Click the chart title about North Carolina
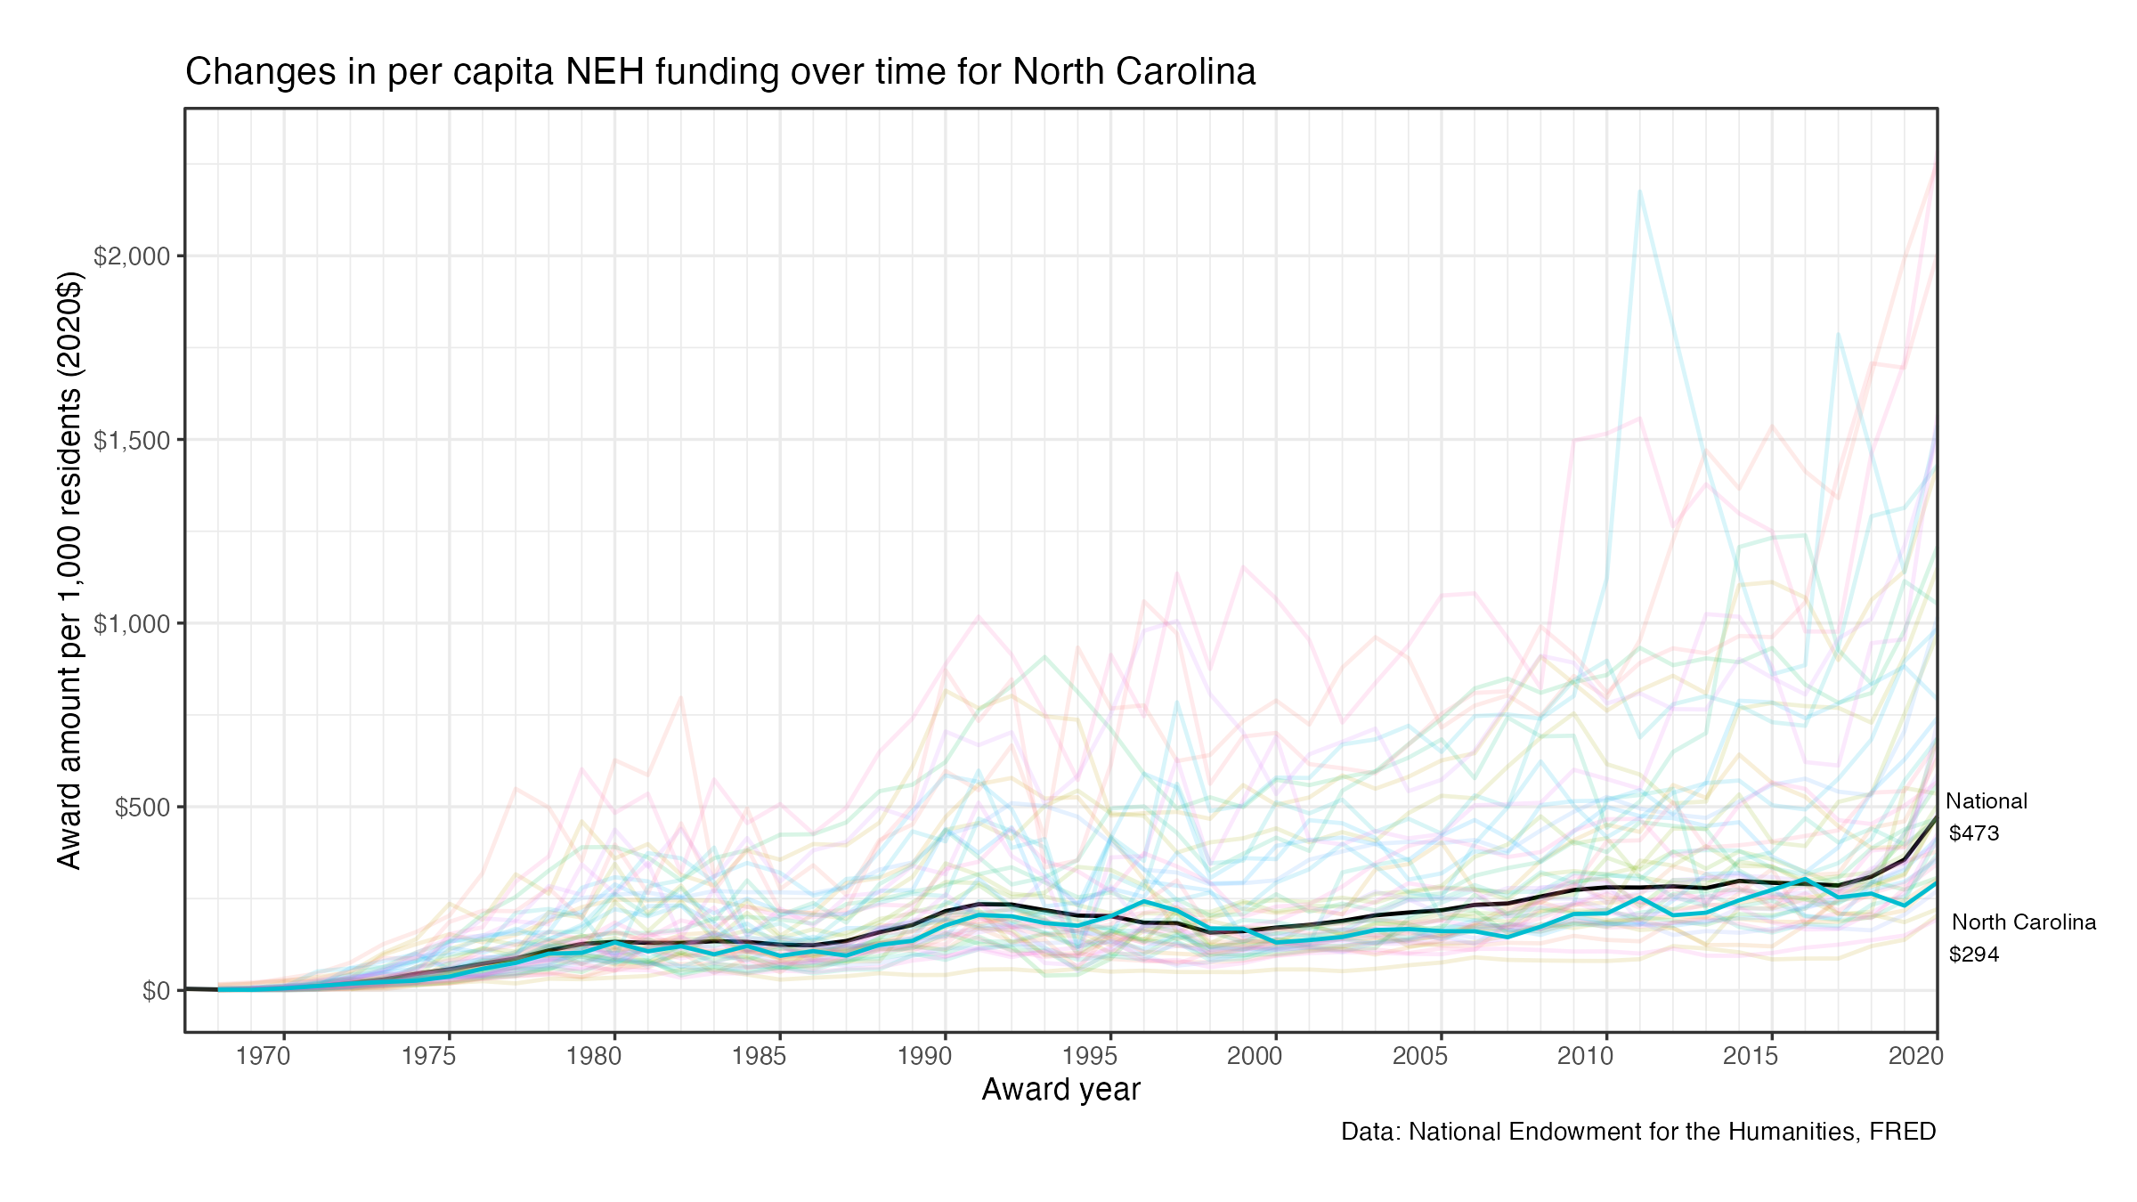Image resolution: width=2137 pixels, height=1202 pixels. pyautogui.click(x=719, y=72)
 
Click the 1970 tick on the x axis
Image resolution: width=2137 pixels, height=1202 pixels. pyautogui.click(x=264, y=1056)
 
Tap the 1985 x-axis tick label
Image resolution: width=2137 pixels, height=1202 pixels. pyautogui.click(x=760, y=1056)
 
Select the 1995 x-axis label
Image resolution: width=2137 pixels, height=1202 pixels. pyautogui.click(x=1090, y=1056)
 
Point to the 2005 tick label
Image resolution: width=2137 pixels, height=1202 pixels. pyautogui.click(x=1420, y=1056)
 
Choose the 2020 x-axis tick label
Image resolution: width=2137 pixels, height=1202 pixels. pyautogui.click(x=1916, y=1056)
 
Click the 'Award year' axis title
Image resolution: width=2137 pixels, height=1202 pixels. pyautogui.click(x=1060, y=1090)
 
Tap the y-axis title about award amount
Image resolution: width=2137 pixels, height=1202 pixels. pyautogui.click(x=69, y=570)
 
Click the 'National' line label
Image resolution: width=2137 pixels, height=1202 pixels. pyautogui.click(x=1986, y=801)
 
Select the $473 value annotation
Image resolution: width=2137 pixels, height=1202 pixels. pyautogui.click(x=1974, y=833)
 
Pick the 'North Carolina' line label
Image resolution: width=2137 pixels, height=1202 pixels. pyautogui.click(x=2023, y=922)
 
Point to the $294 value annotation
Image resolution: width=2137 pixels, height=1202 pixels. pyautogui.click(x=1974, y=954)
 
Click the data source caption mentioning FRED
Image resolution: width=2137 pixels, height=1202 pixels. pyautogui.click(x=1638, y=1132)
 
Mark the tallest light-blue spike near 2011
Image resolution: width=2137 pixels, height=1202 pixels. pyautogui.click(x=1639, y=191)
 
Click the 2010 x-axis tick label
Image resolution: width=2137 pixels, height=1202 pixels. pyautogui.click(x=1585, y=1056)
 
